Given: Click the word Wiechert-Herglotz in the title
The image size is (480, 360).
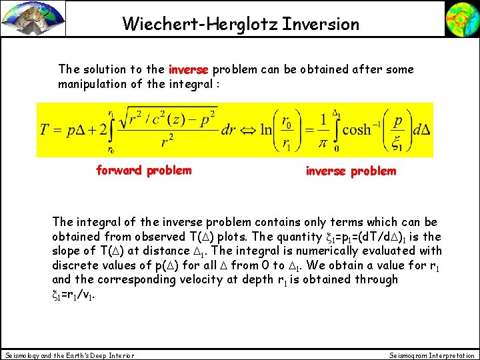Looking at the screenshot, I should click(199, 25).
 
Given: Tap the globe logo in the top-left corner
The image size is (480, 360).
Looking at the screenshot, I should click(33, 18).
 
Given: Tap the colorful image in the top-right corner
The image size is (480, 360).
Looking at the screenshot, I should click(461, 19).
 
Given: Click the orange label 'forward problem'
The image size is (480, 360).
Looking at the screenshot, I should click(143, 170).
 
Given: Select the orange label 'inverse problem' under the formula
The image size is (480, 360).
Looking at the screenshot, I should click(351, 171).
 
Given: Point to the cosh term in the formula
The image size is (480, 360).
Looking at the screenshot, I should click(357, 129).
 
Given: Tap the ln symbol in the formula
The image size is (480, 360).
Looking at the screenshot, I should click(267, 129).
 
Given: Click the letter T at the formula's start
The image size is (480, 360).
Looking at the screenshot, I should click(46, 129).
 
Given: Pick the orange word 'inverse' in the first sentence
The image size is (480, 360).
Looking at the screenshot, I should click(189, 69).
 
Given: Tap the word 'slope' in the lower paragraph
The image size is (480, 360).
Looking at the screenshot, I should click(67, 251).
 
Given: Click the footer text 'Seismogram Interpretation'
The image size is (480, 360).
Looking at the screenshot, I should click(432, 355).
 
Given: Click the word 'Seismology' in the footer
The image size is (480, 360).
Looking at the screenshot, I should click(23, 355).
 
